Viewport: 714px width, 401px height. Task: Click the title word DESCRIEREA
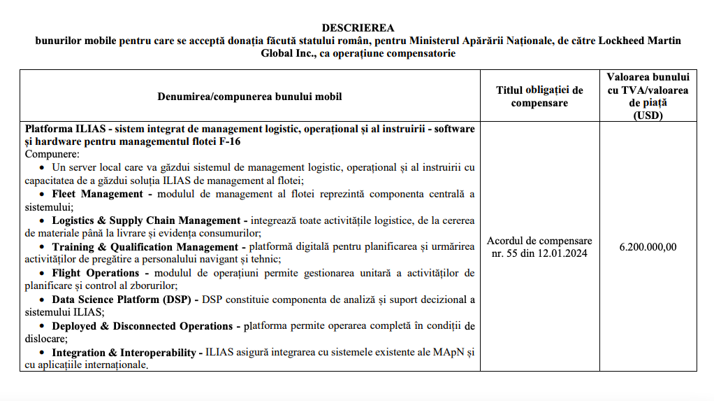(357, 28)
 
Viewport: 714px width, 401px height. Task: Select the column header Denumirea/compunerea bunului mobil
(249, 96)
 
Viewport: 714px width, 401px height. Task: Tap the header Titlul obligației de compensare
(539, 97)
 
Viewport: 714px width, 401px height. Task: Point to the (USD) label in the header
(648, 115)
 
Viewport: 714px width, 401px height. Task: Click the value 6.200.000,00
(648, 246)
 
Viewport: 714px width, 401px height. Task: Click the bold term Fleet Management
(97, 194)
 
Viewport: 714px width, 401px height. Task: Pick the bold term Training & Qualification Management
(145, 247)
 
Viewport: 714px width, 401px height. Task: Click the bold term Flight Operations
(96, 273)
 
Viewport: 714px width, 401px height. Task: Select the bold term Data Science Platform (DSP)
(125, 300)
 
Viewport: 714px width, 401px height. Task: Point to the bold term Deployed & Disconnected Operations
(142, 326)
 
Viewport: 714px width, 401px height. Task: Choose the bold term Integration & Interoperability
(124, 352)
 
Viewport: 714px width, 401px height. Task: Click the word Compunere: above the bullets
(52, 154)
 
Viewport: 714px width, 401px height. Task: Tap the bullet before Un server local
(43, 168)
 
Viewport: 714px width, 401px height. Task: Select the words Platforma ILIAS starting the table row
(64, 129)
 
